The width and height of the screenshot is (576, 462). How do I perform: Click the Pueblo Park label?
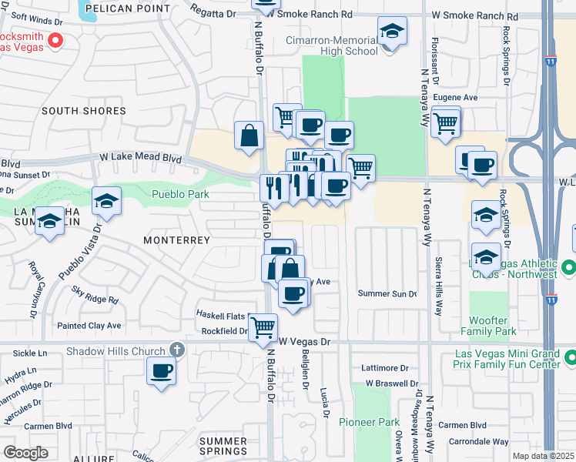click(x=180, y=195)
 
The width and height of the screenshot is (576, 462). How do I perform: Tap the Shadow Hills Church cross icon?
click(x=176, y=350)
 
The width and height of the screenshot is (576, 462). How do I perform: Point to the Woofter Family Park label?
click(x=493, y=326)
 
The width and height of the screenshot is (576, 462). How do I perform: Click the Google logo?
click(x=25, y=452)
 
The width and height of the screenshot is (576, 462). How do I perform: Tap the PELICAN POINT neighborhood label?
click(x=128, y=8)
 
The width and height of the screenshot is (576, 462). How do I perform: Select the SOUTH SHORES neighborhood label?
click(x=82, y=111)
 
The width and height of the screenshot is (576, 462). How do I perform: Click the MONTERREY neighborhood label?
click(x=176, y=240)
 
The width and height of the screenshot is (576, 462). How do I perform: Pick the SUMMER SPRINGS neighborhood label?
click(x=223, y=446)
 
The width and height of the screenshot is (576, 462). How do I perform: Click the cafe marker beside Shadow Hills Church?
click(x=162, y=370)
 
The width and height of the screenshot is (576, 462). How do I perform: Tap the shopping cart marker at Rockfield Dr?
click(x=263, y=326)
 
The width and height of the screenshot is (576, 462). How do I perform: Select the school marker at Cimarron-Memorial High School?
click(x=392, y=32)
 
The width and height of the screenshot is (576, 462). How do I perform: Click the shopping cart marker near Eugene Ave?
click(x=445, y=122)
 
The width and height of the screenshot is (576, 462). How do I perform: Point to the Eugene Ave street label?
click(x=455, y=98)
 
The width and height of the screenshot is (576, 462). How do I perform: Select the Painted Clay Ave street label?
click(x=89, y=326)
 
